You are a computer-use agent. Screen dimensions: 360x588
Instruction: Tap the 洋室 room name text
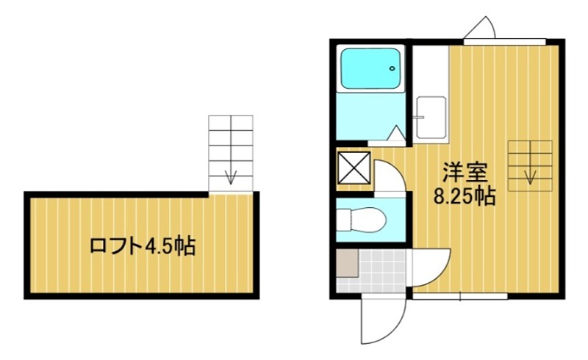point(464,174)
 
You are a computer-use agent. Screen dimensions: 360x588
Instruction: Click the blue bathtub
point(372,69)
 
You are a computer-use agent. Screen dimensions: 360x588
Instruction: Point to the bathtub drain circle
point(393,71)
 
